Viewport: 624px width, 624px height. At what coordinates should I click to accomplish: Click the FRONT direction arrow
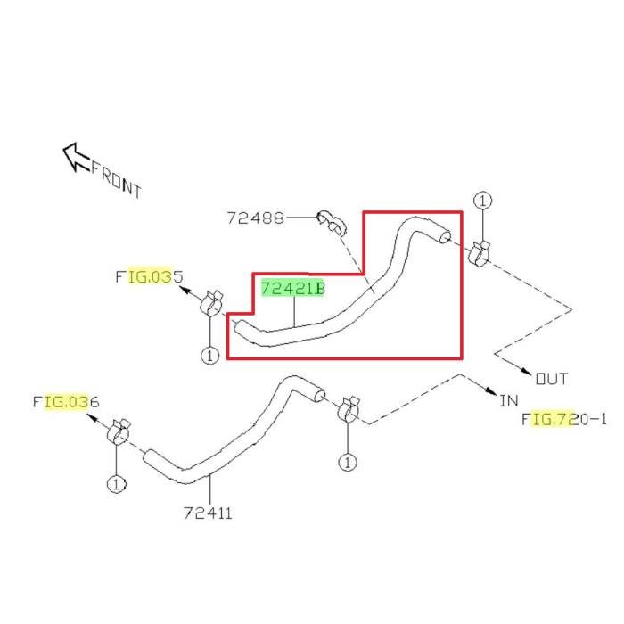(77, 157)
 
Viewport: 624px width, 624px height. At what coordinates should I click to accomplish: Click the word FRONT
(116, 180)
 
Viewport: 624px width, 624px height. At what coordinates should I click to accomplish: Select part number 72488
(256, 218)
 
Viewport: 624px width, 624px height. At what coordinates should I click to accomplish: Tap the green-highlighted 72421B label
(293, 289)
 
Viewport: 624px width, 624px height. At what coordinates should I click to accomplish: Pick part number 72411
(208, 513)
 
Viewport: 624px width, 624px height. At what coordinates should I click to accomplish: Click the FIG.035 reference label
(149, 276)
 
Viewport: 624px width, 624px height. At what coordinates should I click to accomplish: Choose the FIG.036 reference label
(66, 402)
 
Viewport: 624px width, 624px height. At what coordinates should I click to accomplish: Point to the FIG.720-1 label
(564, 419)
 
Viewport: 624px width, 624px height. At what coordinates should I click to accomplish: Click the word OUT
(552, 379)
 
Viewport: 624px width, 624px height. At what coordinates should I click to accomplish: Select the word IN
(509, 401)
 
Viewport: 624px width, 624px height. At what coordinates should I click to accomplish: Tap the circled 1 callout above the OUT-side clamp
(483, 201)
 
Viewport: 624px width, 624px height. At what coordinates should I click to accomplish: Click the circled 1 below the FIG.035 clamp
(209, 356)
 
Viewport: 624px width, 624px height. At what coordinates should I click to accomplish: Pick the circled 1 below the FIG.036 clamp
(116, 484)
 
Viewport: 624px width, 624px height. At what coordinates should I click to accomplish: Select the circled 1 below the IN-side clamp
(348, 463)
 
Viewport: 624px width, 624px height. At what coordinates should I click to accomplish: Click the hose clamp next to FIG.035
(211, 304)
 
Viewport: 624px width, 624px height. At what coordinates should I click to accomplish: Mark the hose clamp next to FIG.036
(119, 432)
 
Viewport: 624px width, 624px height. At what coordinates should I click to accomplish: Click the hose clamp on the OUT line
(479, 253)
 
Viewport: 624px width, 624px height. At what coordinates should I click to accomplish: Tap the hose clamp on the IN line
(349, 409)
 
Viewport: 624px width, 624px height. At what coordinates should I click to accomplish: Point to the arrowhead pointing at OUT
(526, 371)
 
